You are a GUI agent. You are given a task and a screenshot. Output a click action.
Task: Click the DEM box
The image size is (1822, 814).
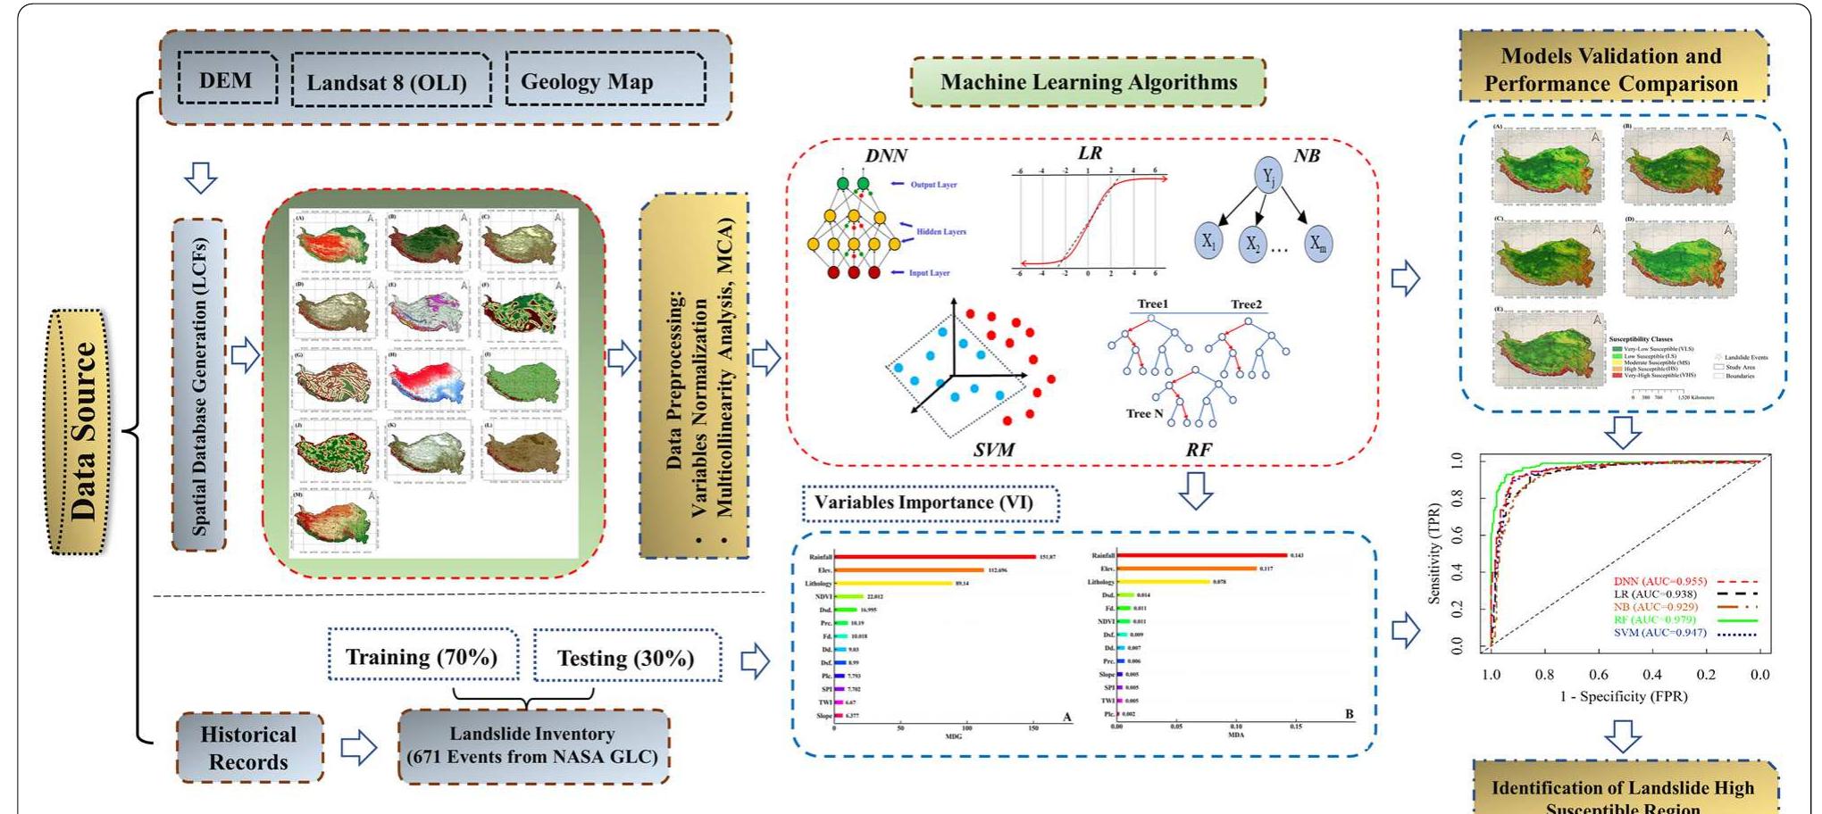pos(226,79)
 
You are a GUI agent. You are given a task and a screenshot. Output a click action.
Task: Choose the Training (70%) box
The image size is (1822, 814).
pos(422,657)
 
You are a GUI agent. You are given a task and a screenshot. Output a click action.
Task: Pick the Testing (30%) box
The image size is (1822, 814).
pos(625,658)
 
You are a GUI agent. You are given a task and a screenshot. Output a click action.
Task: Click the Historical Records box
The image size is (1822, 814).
pos(248,748)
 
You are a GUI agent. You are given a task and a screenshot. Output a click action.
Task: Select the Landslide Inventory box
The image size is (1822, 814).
pos(532,745)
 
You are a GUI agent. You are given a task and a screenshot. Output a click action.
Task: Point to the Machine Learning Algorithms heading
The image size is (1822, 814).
pos(1088,82)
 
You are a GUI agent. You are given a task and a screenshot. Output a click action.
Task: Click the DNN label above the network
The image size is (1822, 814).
pos(886,156)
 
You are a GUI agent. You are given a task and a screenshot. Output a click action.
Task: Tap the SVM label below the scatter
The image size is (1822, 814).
pos(994,450)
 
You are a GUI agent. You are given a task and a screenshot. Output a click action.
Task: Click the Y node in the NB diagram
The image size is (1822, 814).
pos(1268,177)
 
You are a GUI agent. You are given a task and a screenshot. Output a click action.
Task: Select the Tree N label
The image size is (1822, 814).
pos(1144,413)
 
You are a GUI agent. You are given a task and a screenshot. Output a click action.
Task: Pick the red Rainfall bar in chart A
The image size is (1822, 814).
pos(933,556)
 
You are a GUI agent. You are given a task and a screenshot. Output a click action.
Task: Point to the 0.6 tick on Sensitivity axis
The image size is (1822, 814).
pos(1458,535)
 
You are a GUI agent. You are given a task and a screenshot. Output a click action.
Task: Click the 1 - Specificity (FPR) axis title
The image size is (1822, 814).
pos(1623,696)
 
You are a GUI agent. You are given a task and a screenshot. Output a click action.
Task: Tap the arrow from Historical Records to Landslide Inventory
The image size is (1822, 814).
pos(359,748)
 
